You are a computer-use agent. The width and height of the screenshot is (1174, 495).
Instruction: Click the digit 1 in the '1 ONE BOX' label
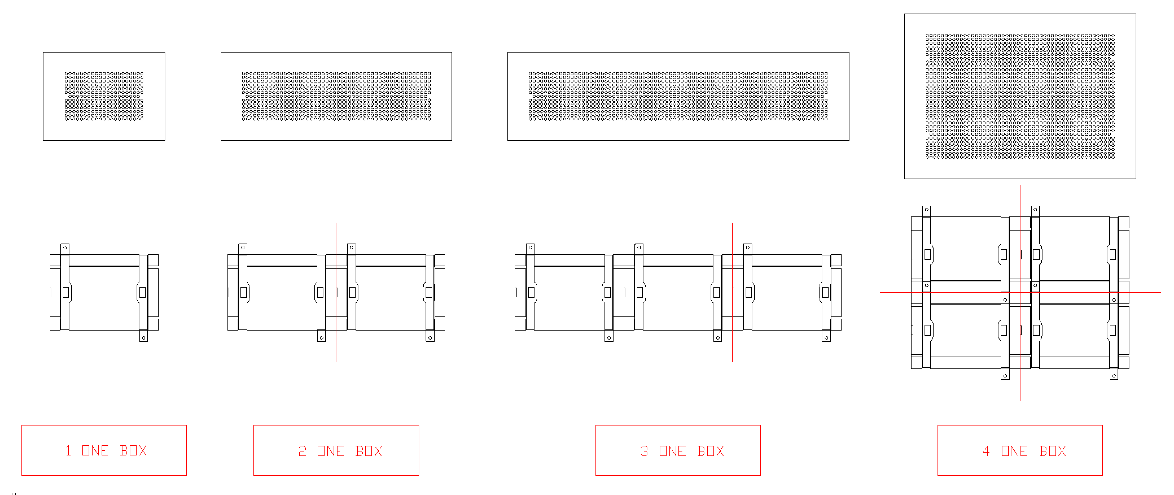click(x=68, y=451)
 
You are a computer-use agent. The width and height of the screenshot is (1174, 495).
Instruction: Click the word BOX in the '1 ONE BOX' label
click(x=133, y=451)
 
